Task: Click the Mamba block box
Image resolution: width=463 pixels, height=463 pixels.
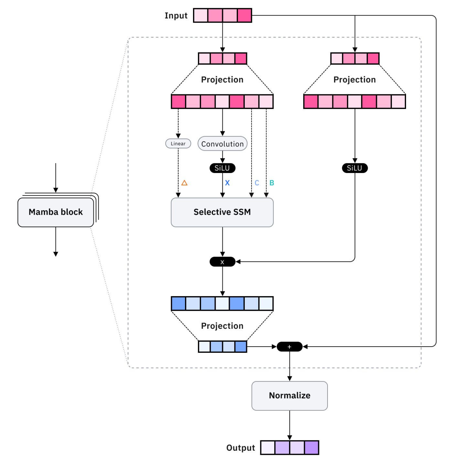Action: tap(56, 212)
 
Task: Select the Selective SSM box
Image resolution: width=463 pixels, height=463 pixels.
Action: tap(222, 212)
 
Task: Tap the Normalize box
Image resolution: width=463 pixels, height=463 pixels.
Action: tap(289, 395)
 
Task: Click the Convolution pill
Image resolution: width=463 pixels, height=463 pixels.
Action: tap(222, 144)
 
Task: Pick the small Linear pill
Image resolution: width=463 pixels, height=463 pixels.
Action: tap(178, 144)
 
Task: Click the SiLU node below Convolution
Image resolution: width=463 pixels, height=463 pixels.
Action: tap(222, 168)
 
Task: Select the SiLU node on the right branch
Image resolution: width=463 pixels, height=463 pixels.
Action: tap(355, 168)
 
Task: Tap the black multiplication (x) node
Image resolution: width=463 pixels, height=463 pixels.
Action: tap(222, 262)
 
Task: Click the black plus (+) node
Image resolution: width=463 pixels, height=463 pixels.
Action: tap(289, 347)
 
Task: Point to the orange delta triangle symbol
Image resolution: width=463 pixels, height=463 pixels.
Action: tap(184, 183)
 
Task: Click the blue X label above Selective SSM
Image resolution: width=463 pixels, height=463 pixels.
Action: tap(227, 183)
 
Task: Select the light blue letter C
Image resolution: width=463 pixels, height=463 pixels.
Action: tap(257, 183)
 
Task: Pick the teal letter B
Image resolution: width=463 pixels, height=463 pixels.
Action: tap(272, 183)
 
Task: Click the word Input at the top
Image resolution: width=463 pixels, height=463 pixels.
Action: tap(176, 16)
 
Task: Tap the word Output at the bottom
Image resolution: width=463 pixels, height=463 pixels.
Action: tap(241, 448)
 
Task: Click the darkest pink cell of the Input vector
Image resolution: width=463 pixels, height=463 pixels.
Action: tap(244, 16)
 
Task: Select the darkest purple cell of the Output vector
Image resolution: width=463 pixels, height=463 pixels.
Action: tap(311, 448)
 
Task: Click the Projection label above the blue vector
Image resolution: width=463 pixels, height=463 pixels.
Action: tap(222, 326)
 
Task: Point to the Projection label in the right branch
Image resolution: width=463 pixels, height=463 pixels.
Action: tap(355, 80)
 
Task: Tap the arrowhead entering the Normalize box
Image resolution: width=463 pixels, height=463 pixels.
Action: tap(289, 379)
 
